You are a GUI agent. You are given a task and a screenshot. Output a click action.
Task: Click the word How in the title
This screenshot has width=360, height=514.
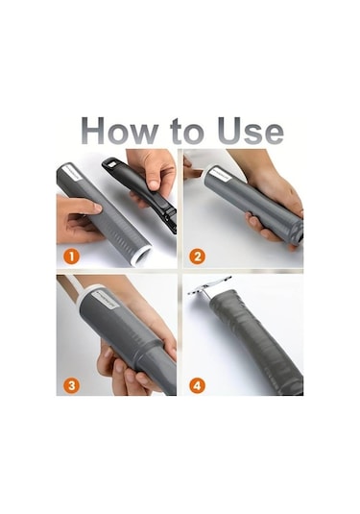[x=119, y=131]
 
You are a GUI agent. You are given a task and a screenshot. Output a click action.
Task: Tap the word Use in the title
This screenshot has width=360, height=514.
[x=251, y=131]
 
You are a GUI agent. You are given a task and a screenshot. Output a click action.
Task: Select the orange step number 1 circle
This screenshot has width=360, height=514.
[x=71, y=257]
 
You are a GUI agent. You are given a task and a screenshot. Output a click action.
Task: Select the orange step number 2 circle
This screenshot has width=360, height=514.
[x=197, y=257]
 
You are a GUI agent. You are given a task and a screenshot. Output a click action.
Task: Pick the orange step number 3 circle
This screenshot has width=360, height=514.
[x=71, y=385]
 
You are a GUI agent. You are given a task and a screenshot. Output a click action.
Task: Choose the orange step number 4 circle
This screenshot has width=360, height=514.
[x=197, y=385]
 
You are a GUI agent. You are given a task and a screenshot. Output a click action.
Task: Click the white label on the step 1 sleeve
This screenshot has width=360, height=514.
[x=73, y=173]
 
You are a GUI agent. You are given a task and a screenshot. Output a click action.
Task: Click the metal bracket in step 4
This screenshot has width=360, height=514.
[x=209, y=288]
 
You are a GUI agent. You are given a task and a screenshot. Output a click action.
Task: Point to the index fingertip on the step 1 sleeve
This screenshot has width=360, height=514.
[x=96, y=208]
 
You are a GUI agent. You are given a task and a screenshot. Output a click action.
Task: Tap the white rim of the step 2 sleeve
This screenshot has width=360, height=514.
[x=204, y=176]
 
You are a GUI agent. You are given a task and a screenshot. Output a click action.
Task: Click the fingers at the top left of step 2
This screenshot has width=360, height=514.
[x=191, y=168]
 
